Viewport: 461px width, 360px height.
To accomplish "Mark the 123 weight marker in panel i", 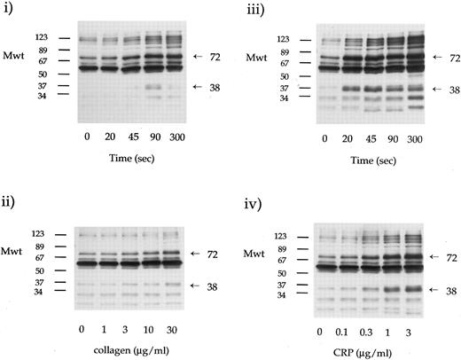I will [42, 39].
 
